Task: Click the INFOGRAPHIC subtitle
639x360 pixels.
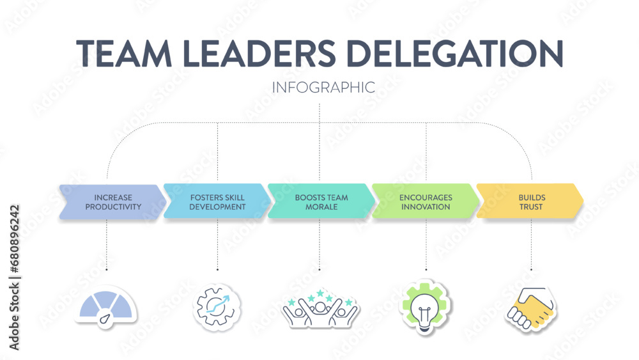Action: pyautogui.click(x=323, y=88)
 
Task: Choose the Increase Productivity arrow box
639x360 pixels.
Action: pyautogui.click(x=112, y=202)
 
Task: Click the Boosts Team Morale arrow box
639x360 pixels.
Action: pyautogui.click(x=321, y=202)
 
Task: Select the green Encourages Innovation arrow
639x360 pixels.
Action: pyautogui.click(x=426, y=202)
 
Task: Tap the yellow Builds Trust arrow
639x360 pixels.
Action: pyautogui.click(x=530, y=202)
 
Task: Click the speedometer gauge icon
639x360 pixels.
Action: pyautogui.click(x=106, y=306)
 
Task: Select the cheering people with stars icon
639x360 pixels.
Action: pyautogui.click(x=320, y=308)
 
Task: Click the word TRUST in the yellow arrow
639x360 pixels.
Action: pyautogui.click(x=531, y=207)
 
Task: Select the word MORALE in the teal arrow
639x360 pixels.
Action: pyautogui.click(x=321, y=207)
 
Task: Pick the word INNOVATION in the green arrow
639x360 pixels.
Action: pyautogui.click(x=426, y=207)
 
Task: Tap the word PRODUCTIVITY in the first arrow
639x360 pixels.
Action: pyautogui.click(x=112, y=207)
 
